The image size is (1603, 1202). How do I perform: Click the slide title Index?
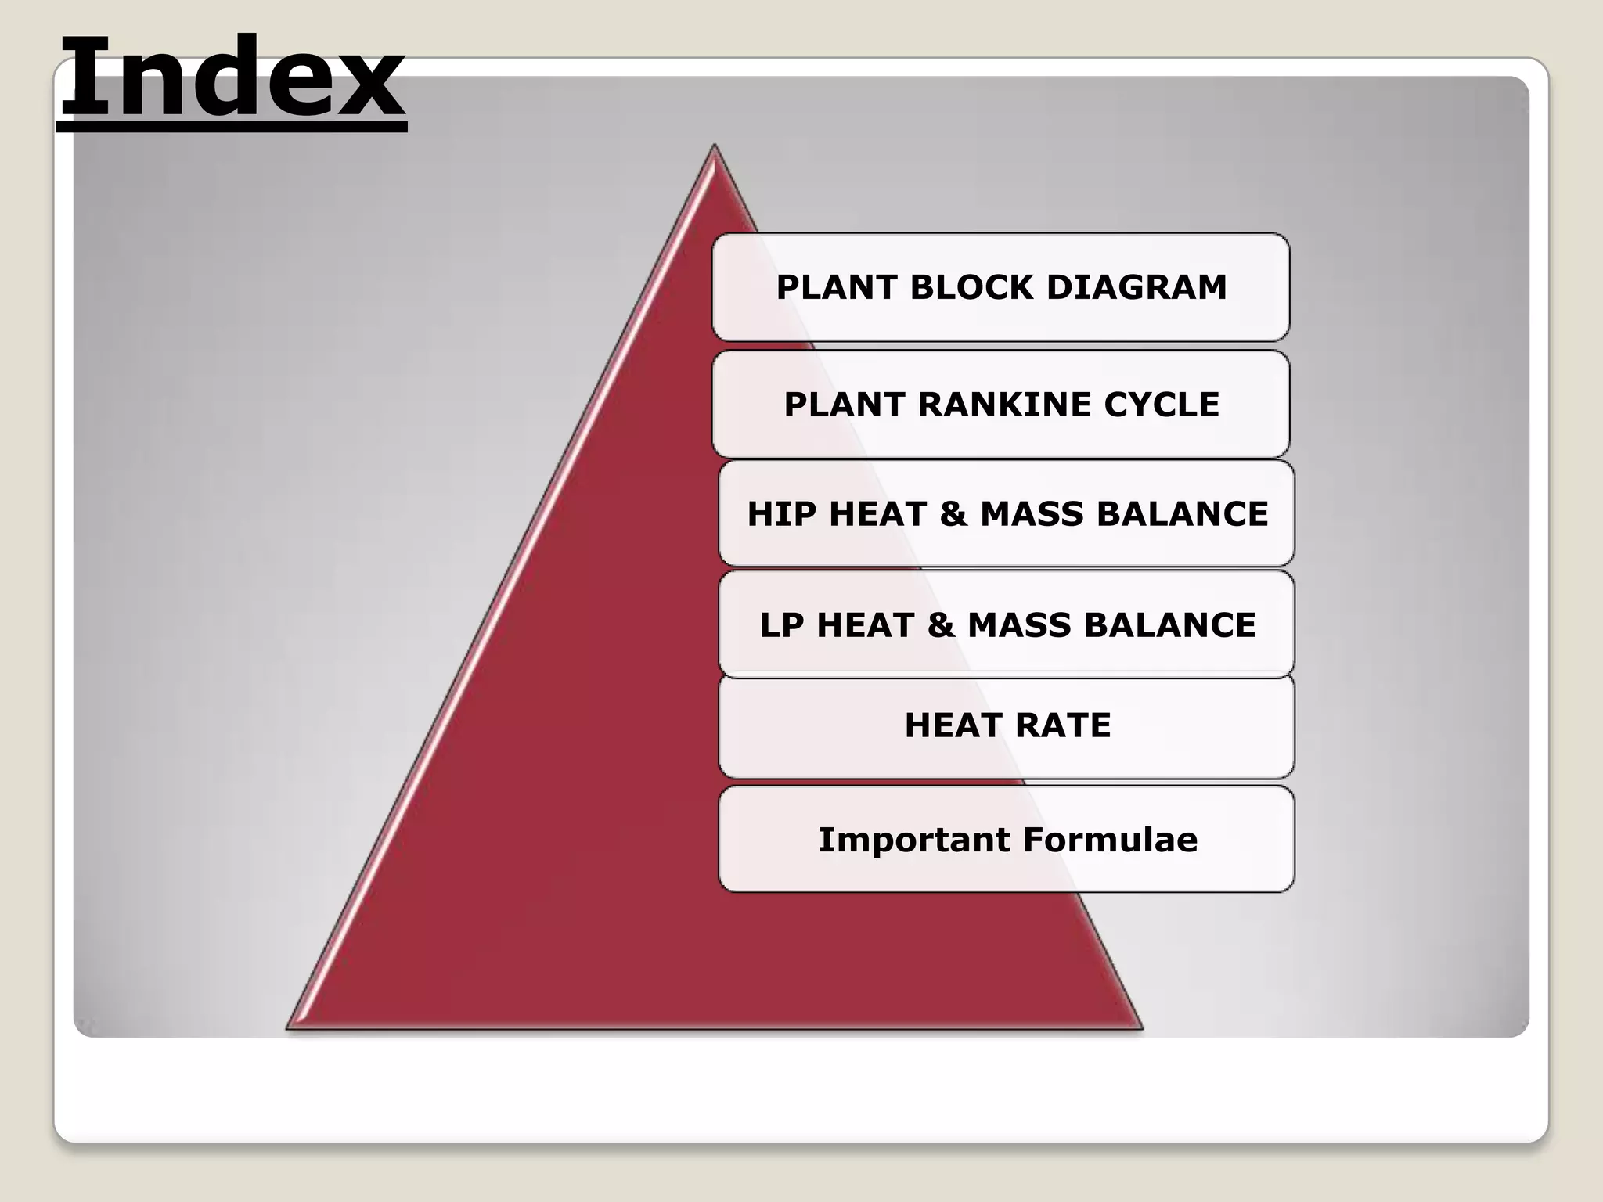click(232, 78)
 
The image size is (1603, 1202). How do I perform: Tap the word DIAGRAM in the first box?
click(1137, 287)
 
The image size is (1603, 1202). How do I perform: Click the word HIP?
click(782, 514)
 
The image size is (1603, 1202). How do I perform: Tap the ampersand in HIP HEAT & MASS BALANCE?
click(953, 514)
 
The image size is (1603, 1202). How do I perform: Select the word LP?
click(782, 625)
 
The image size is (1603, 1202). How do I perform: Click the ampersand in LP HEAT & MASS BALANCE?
click(941, 625)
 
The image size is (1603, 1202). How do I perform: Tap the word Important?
click(914, 840)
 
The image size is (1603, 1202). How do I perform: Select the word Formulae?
click(1110, 840)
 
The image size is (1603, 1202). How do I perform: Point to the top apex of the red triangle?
click(714, 147)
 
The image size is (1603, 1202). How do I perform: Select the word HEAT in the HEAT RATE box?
click(953, 725)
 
